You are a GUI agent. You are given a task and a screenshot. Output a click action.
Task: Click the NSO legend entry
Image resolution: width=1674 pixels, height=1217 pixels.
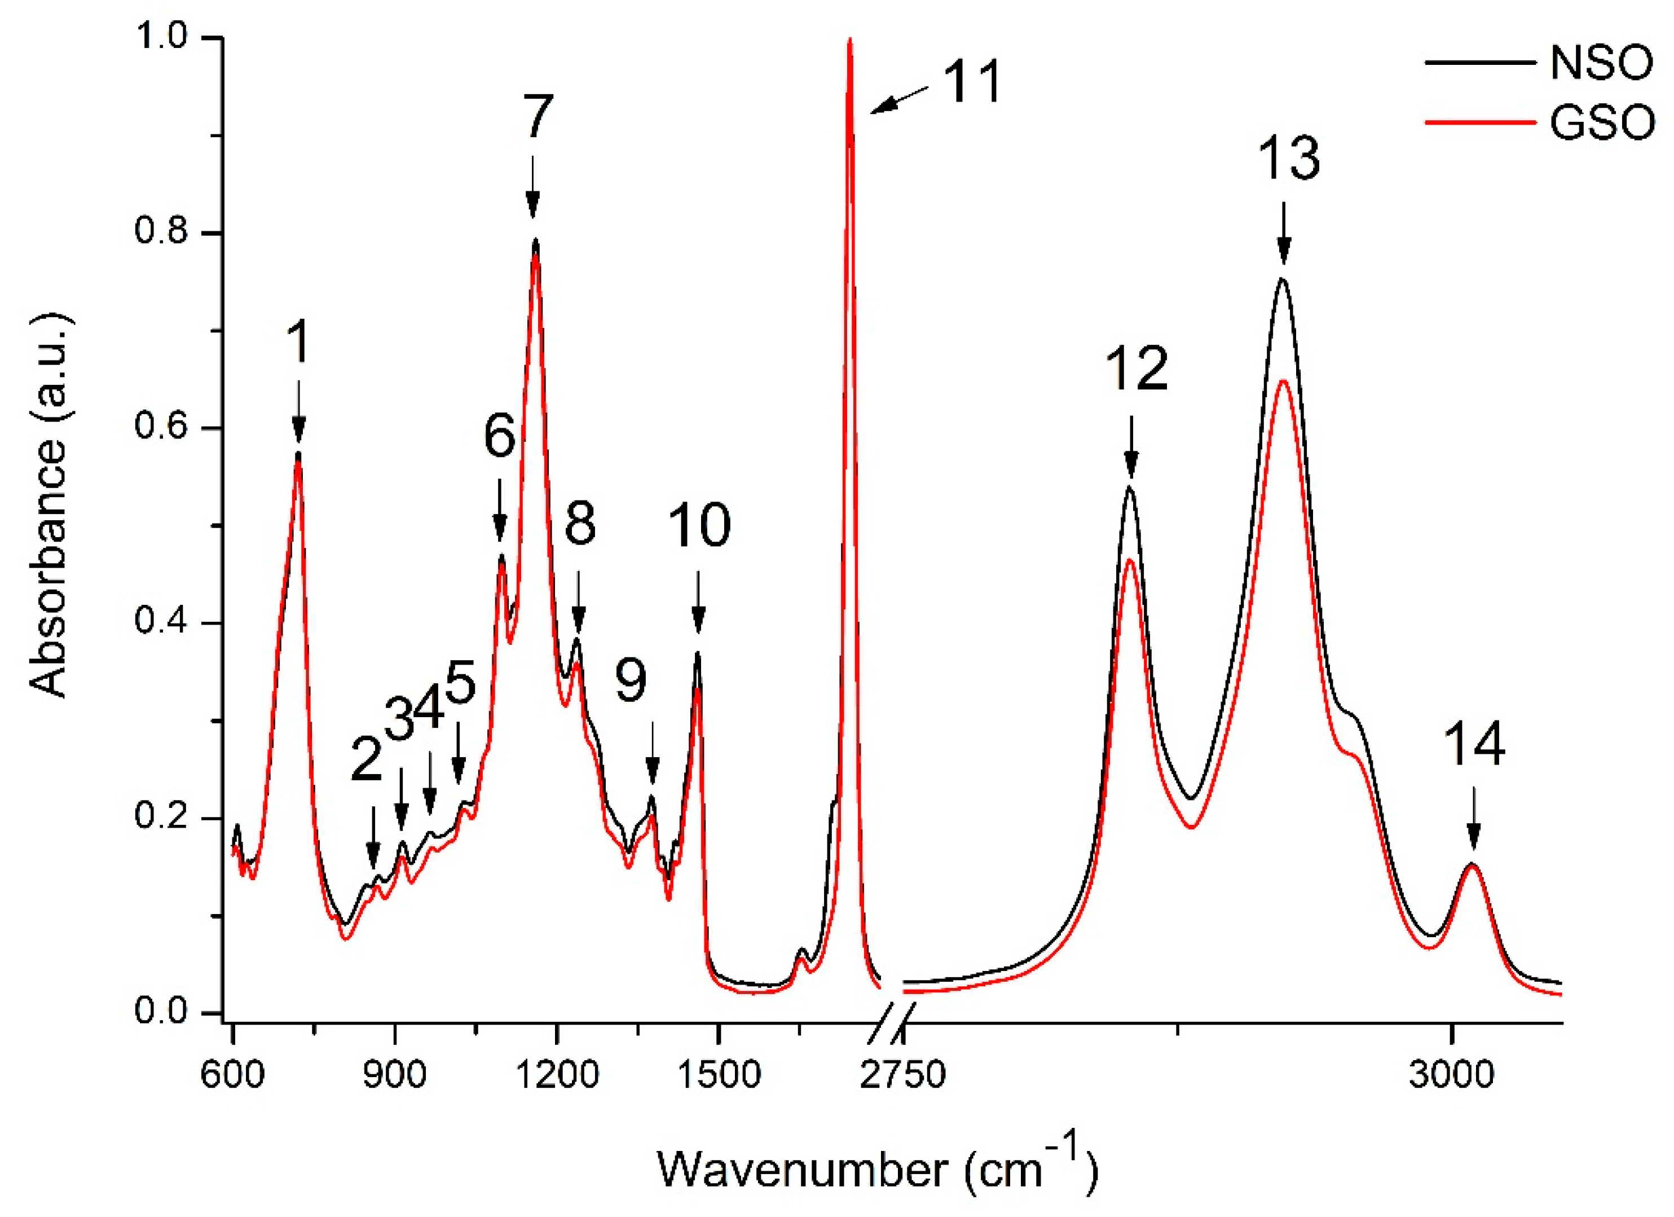[1600, 64]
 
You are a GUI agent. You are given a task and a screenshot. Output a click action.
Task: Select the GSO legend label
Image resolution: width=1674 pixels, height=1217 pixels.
[1600, 122]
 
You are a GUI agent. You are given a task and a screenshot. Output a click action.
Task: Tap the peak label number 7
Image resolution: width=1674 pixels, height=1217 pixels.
[538, 117]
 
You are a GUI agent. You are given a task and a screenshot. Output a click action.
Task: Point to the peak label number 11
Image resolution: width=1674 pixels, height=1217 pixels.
[973, 81]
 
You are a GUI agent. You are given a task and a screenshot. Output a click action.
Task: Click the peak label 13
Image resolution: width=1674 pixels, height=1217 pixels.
[1289, 158]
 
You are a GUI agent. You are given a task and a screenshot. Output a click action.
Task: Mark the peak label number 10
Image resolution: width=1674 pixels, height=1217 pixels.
[699, 526]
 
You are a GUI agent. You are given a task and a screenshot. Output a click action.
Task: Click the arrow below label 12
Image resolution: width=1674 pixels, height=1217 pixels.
[1131, 447]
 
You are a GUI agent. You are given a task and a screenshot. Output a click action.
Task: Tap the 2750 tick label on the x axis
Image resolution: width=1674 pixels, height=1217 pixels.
[902, 1074]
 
